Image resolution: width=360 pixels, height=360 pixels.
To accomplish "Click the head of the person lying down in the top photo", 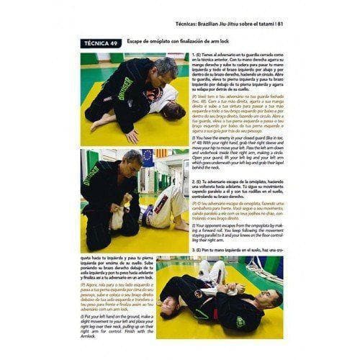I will point(173,112).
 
